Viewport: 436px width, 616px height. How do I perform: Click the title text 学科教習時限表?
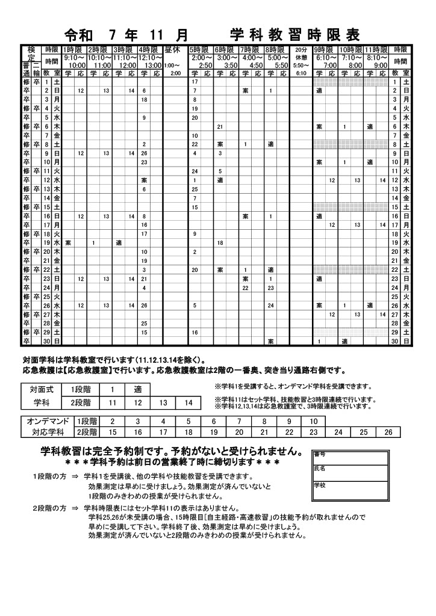click(294, 34)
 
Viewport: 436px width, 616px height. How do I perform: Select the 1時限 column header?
click(74, 50)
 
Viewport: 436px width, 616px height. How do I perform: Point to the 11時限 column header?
click(376, 50)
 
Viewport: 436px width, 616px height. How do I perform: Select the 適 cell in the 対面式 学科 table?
click(138, 390)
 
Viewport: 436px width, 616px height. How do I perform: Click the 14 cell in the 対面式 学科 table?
click(188, 402)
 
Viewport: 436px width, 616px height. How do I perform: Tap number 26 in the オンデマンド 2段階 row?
click(388, 432)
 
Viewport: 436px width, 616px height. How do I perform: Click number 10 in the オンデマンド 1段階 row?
click(314, 420)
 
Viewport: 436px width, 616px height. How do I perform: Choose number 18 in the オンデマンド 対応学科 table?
click(188, 432)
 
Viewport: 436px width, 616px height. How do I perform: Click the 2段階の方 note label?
click(49, 508)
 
